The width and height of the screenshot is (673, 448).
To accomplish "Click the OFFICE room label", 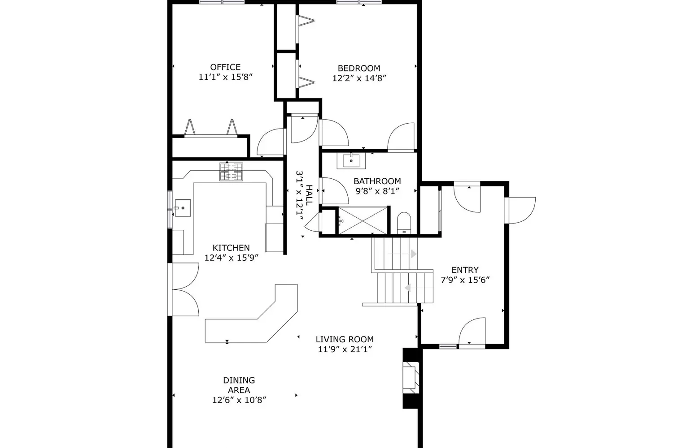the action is click(x=225, y=67).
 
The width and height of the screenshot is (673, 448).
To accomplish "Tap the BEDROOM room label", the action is click(x=359, y=68).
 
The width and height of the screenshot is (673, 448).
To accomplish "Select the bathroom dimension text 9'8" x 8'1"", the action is click(x=377, y=191).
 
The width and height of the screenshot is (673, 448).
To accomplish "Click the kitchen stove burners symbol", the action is click(x=231, y=172).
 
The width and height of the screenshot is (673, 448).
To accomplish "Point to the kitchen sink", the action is click(x=182, y=208).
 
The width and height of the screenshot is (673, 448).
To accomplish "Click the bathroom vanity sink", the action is click(x=351, y=161).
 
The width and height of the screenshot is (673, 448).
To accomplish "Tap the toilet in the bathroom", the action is click(x=404, y=223).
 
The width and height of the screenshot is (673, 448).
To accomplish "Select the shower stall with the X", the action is click(x=363, y=220).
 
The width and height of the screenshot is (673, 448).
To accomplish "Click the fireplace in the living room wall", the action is click(x=411, y=378).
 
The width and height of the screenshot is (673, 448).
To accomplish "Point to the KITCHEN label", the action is click(x=231, y=248).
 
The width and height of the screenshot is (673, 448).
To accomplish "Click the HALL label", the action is click(x=309, y=195).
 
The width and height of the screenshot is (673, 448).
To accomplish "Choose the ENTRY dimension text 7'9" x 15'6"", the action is click(x=465, y=280).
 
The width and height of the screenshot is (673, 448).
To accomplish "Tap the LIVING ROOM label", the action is click(x=345, y=340).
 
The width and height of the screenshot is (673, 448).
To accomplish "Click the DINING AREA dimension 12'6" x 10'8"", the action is click(x=239, y=400).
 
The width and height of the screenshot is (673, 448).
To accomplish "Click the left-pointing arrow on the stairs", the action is click(x=419, y=288).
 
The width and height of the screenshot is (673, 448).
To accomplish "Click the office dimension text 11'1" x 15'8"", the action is click(x=225, y=77).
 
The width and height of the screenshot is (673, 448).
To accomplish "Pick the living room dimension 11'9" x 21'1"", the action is click(x=345, y=349).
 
